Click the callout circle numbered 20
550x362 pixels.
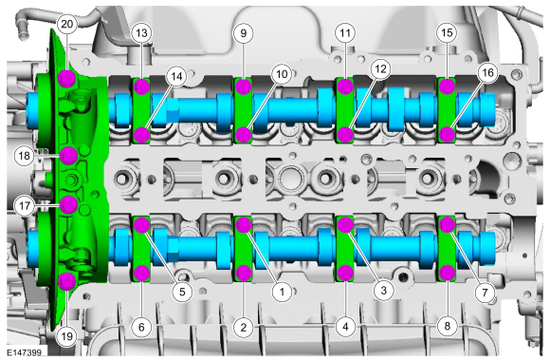click(67, 25)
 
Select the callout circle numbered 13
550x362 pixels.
click(141, 33)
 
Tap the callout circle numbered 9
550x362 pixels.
click(244, 33)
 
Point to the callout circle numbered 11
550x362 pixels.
click(345, 33)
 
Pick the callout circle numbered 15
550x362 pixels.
click(447, 33)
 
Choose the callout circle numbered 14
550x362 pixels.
click(176, 76)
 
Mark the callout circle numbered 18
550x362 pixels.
click(25, 155)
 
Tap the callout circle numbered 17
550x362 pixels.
click(25, 205)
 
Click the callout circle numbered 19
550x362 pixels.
click(67, 336)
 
